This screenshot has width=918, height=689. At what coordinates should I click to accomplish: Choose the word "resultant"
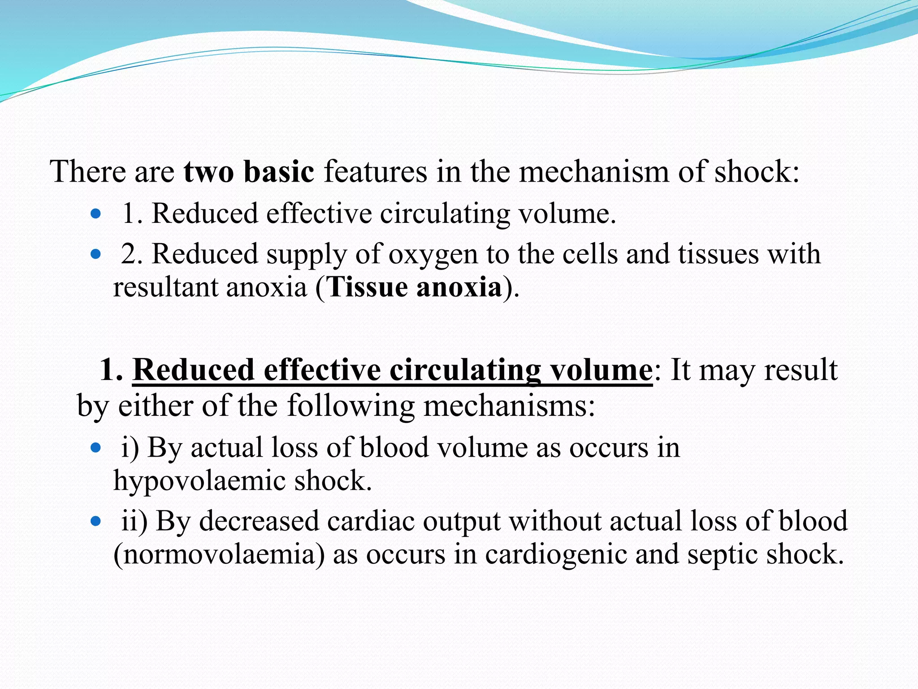[x=165, y=287]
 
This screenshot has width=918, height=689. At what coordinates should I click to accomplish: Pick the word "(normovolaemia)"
[x=219, y=554]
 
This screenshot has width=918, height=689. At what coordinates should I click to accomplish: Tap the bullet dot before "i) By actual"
[x=95, y=448]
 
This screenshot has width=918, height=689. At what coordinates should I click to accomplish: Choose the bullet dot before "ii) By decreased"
[x=95, y=522]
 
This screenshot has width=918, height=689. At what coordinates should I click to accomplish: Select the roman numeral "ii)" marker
[x=134, y=521]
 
